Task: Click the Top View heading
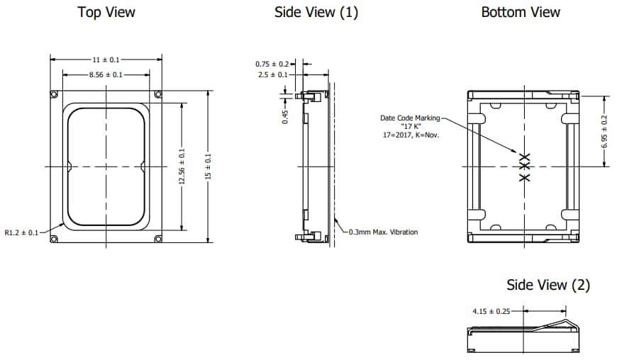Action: click(x=106, y=12)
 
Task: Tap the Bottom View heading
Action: click(x=521, y=12)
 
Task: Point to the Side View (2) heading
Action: click(x=547, y=285)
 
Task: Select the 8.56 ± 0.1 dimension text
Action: click(x=106, y=74)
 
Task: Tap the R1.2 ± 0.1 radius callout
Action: click(x=22, y=231)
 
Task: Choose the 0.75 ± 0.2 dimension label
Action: click(x=272, y=64)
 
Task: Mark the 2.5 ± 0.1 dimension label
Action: click(x=272, y=74)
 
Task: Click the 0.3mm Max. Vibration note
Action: click(x=383, y=232)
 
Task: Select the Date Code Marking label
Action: click(x=411, y=118)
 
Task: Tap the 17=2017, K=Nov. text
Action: click(x=411, y=134)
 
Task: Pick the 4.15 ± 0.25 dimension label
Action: click(x=491, y=310)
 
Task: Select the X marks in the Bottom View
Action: click(x=524, y=167)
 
